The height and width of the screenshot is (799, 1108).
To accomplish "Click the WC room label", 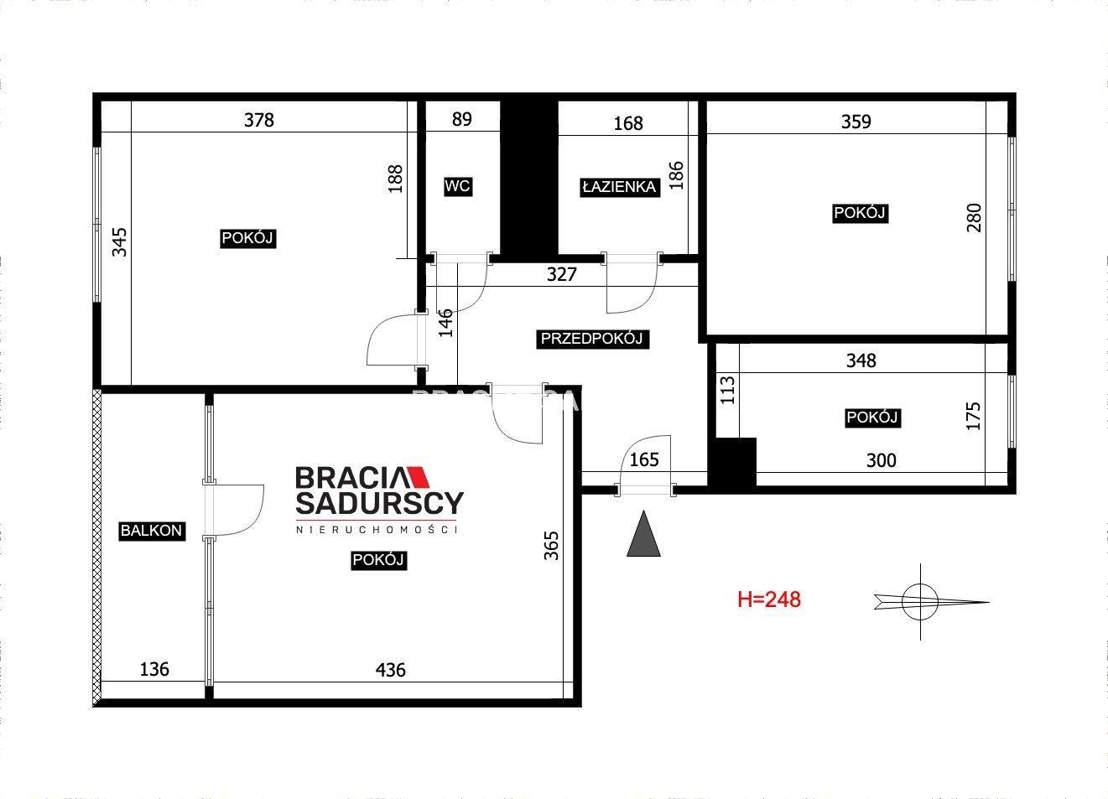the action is click(458, 186).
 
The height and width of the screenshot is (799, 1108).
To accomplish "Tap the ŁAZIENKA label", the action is click(620, 187).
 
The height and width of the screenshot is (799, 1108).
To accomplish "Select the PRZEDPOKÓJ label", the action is click(592, 339).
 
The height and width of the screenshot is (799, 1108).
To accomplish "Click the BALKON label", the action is click(151, 531).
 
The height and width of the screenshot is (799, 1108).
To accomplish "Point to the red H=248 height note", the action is click(768, 599).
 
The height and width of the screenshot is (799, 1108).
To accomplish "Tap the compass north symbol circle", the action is click(919, 602).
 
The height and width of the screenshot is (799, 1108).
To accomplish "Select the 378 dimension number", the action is click(258, 120).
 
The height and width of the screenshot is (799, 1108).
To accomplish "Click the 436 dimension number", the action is click(390, 669).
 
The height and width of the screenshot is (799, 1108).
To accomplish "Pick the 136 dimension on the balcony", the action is click(154, 669).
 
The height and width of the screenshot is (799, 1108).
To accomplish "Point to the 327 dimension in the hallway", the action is click(561, 274).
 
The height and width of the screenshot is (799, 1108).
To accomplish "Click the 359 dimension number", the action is click(856, 122).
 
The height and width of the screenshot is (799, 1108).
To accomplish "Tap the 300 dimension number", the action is click(881, 460).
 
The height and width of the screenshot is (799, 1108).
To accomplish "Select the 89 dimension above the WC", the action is click(461, 119).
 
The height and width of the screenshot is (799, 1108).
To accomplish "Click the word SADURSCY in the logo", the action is click(379, 503).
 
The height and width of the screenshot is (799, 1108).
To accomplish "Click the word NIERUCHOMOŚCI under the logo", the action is click(376, 530).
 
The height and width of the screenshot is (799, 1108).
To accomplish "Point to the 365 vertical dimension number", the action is click(551, 545).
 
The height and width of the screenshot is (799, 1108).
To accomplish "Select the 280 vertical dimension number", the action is click(974, 217).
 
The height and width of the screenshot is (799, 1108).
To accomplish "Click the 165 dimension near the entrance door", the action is click(644, 459).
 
